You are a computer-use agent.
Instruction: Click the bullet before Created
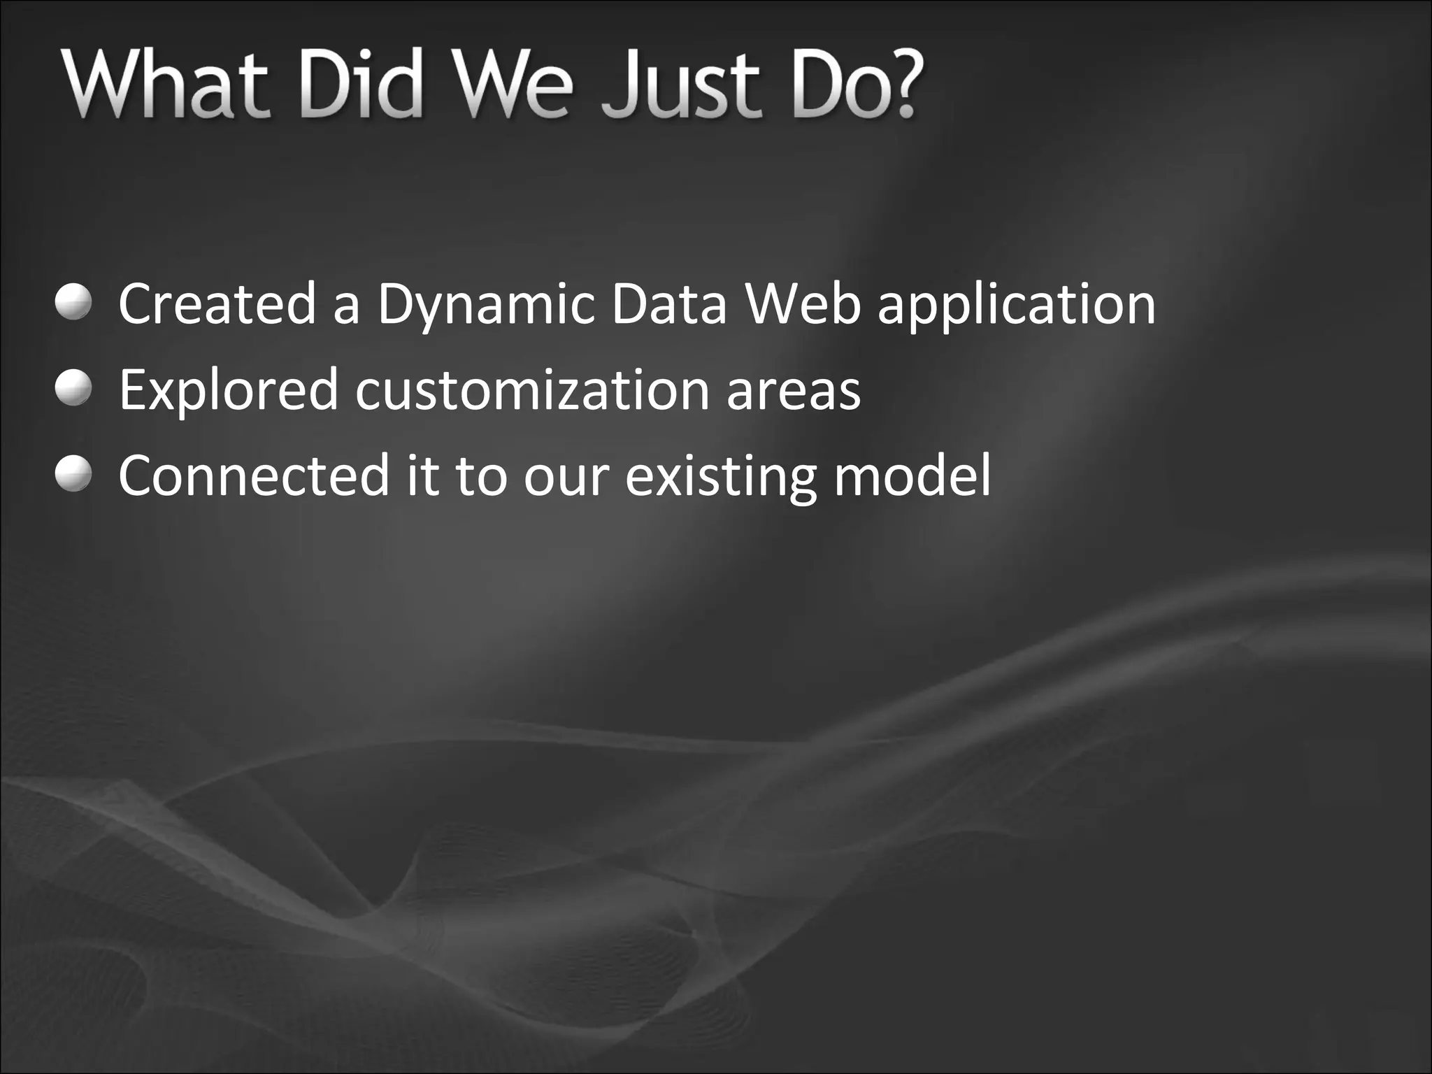click(x=73, y=303)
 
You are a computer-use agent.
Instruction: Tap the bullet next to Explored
click(x=73, y=389)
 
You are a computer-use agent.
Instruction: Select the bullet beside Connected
click(x=73, y=475)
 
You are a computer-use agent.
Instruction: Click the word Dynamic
click(x=486, y=305)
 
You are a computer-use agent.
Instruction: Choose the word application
click(x=1016, y=306)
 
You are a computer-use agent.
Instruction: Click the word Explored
click(x=229, y=390)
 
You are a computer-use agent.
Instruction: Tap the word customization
click(x=532, y=390)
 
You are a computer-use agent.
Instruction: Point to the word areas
click(x=794, y=390)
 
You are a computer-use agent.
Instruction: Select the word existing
click(x=720, y=476)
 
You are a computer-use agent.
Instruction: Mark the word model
click(x=912, y=475)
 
